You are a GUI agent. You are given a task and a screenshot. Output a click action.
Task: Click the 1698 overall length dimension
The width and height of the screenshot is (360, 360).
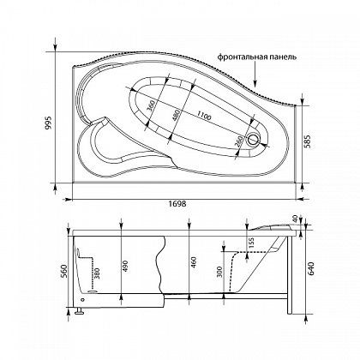177,204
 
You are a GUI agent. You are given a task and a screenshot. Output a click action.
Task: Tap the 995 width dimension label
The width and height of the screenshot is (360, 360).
48,123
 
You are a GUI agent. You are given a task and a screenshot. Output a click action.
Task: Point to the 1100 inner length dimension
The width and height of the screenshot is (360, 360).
204,116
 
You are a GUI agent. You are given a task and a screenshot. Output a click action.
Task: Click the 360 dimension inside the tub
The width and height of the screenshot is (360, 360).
151,106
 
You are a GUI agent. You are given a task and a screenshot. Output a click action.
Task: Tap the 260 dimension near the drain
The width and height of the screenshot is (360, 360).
239,141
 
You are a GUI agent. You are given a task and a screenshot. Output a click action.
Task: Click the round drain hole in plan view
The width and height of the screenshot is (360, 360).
253,140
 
